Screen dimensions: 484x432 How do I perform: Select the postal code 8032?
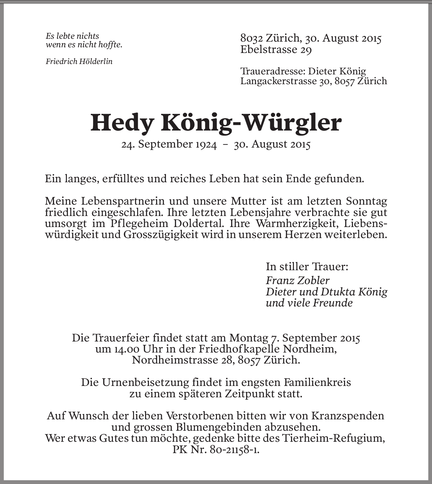[251, 38]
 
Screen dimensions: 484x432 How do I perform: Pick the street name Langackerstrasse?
[278, 81]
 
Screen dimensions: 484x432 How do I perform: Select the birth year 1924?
[206, 144]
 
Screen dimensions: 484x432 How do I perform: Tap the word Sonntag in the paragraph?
[366, 201]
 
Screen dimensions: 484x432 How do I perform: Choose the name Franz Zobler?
[298, 280]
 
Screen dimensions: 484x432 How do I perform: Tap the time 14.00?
[126, 349]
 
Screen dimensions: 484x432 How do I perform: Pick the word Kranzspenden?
[348, 416]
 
